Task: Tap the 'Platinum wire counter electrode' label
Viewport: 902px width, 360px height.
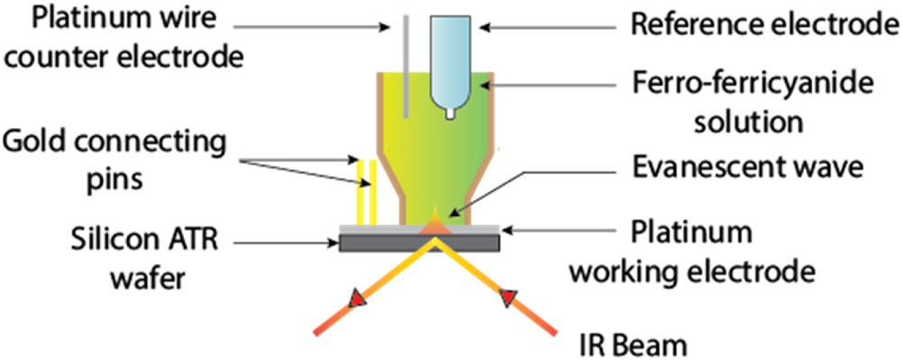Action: click(x=121, y=39)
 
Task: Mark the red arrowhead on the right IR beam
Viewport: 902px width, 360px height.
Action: click(x=511, y=296)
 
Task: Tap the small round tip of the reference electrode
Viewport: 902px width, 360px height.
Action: click(x=449, y=115)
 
